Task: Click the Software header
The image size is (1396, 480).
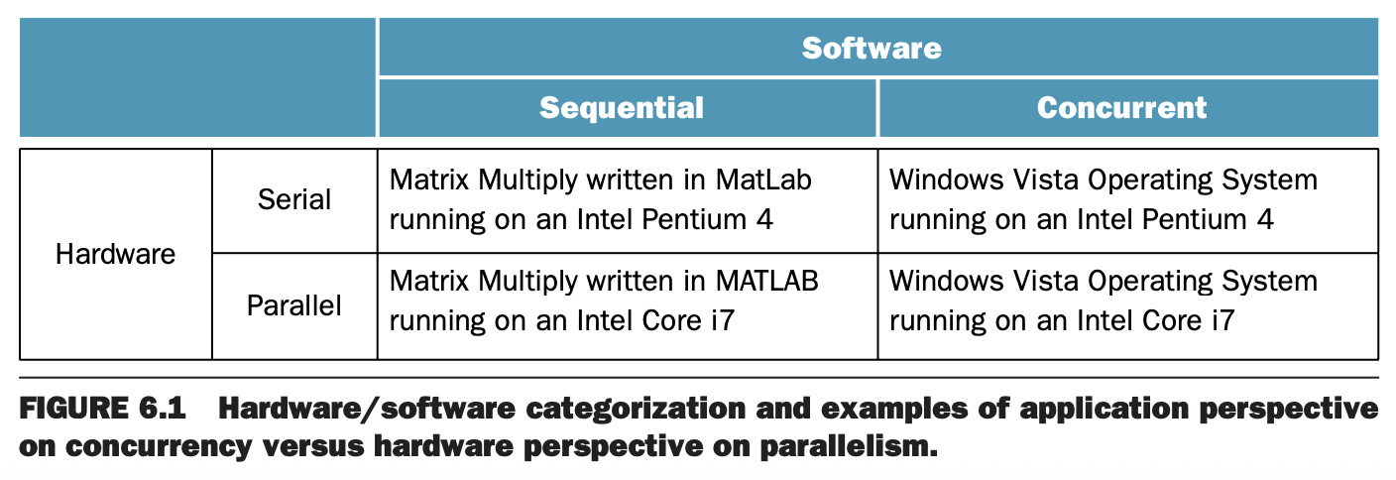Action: [x=872, y=49]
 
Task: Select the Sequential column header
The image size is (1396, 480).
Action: [x=622, y=108]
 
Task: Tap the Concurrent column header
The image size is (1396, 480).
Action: [x=1121, y=108]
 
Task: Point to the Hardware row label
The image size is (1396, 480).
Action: [x=115, y=254]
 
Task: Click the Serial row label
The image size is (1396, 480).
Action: [x=294, y=199]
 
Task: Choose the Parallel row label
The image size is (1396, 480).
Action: [x=294, y=305]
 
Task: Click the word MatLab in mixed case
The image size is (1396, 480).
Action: [x=763, y=180]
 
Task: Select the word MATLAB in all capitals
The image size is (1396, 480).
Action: [x=766, y=281]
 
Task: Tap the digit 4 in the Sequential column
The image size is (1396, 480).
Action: [x=764, y=219]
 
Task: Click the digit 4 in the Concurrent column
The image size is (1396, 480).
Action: [x=1265, y=219]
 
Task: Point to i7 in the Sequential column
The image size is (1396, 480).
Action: [x=723, y=320]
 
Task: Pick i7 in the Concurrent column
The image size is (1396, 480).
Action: [x=1223, y=320]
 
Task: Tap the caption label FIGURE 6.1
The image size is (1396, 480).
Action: [x=102, y=409]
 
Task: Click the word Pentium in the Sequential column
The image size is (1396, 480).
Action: [x=694, y=219]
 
